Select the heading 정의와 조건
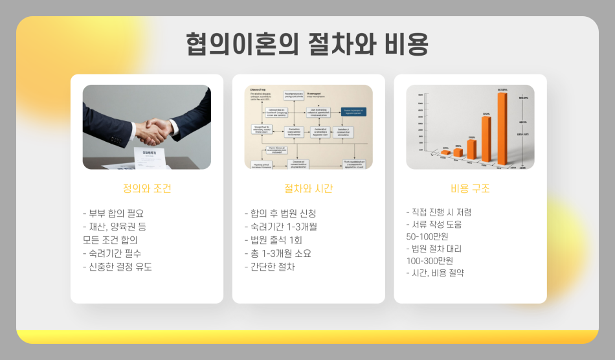point(147,189)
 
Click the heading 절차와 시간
point(309,189)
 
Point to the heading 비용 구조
point(470,189)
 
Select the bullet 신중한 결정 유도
point(118,267)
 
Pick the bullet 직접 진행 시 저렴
point(439,212)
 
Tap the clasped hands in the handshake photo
point(153,129)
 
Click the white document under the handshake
point(149,155)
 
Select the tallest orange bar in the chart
point(502,128)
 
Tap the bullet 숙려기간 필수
point(112,253)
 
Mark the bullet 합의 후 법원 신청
point(280,213)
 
